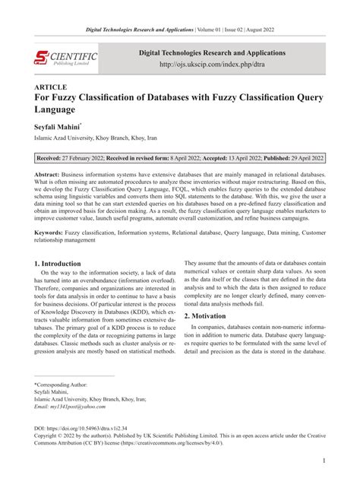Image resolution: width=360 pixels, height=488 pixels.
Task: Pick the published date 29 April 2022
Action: tap(297, 160)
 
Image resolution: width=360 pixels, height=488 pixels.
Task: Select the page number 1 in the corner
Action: tap(324, 461)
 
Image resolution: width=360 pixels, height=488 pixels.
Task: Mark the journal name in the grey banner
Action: tap(211, 53)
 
